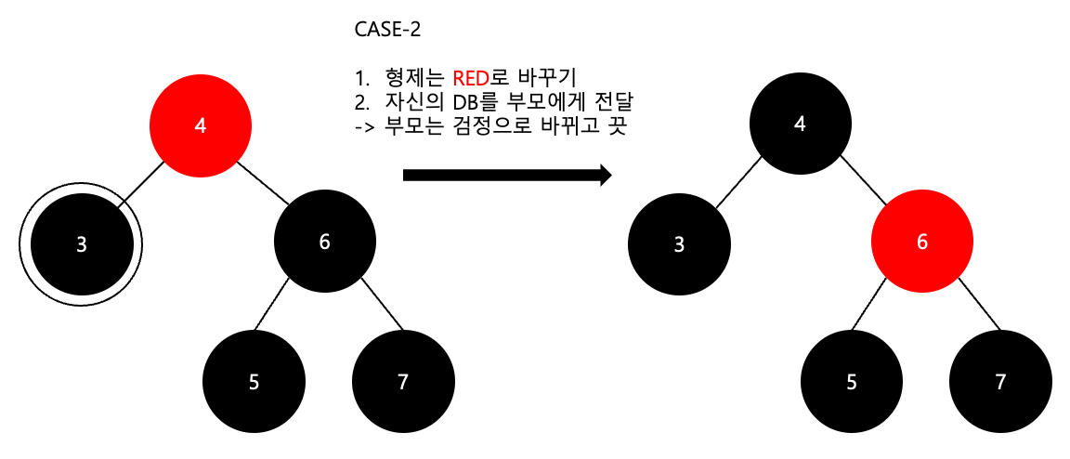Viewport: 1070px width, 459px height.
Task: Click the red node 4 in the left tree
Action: pyautogui.click(x=201, y=126)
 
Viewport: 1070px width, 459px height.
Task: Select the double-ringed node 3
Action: pyautogui.click(x=81, y=244)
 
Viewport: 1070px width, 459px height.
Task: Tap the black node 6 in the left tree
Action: pyautogui.click(x=324, y=242)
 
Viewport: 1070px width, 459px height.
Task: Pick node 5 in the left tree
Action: pyautogui.click(x=254, y=382)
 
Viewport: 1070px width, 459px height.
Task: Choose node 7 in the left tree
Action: pyautogui.click(x=403, y=382)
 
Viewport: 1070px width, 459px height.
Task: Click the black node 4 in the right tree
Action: pyautogui.click(x=800, y=125)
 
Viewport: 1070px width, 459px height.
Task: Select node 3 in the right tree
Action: pyautogui.click(x=679, y=244)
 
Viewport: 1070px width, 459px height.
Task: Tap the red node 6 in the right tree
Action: pyautogui.click(x=921, y=242)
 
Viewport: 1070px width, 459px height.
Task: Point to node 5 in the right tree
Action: pyautogui.click(x=852, y=382)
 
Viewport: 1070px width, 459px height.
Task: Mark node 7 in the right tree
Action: pyautogui.click(x=1000, y=382)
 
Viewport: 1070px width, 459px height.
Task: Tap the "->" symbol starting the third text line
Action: pyautogui.click(x=363, y=125)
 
